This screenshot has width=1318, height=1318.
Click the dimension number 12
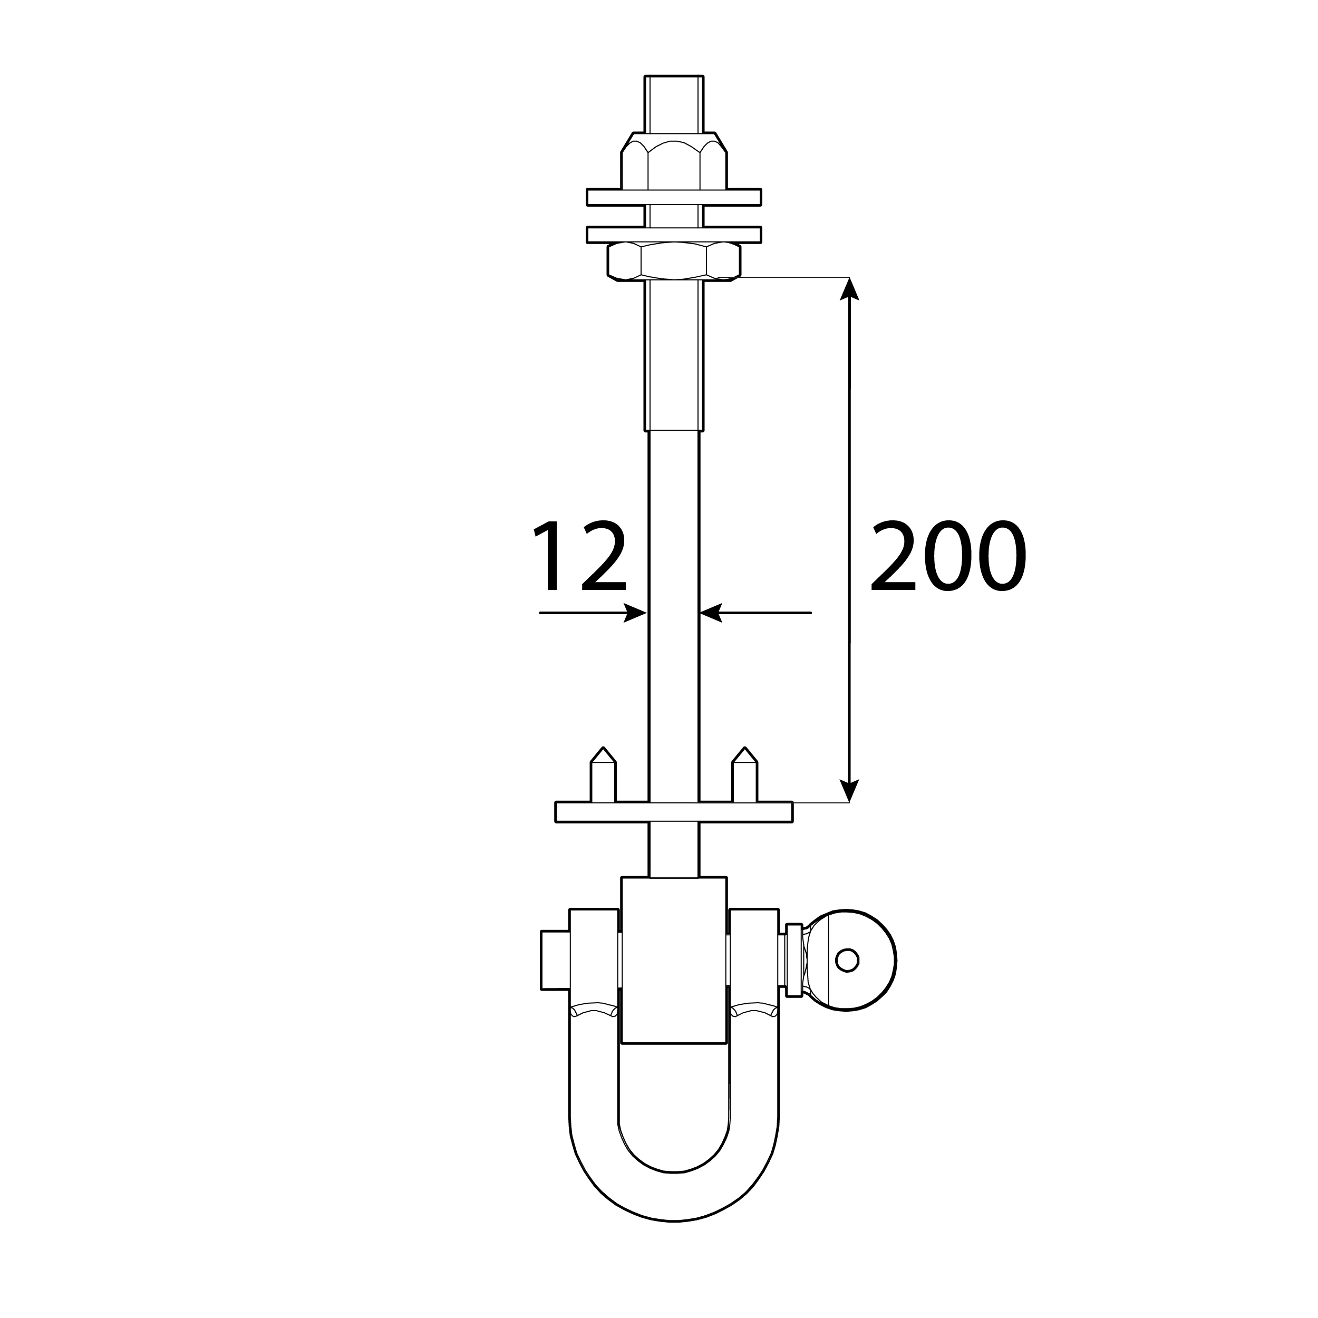pyautogui.click(x=580, y=557)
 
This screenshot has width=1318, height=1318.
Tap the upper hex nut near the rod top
pyautogui.click(x=674, y=161)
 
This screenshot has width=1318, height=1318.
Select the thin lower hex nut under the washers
pyautogui.click(x=674, y=261)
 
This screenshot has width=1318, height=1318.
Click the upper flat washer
pyautogui.click(x=674, y=197)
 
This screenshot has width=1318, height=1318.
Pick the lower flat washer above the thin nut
pyautogui.click(x=674, y=235)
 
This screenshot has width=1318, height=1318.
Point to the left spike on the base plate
pyautogui.click(x=603, y=775)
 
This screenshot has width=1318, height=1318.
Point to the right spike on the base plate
pyautogui.click(x=744, y=775)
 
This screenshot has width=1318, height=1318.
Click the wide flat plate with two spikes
pyautogui.click(x=674, y=812)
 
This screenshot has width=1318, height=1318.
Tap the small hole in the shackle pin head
pyautogui.click(x=847, y=960)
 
